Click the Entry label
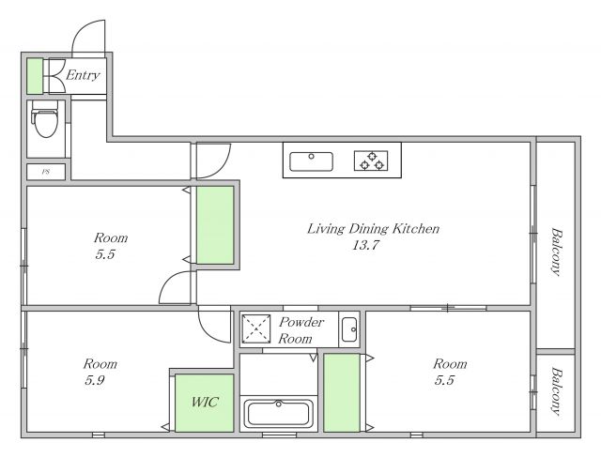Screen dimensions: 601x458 (83, 75)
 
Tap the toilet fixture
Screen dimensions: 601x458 (45, 118)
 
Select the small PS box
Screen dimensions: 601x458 (46, 172)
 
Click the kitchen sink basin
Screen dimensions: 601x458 (311, 161)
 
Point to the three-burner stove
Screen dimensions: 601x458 (371, 160)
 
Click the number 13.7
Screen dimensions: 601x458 (365, 245)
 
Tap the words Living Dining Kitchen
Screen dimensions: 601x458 (373, 229)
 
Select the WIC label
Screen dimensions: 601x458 (205, 402)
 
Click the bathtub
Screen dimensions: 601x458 (279, 413)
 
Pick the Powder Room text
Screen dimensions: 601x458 (300, 330)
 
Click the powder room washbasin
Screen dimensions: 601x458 (349, 329)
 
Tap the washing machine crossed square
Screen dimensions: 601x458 (256, 328)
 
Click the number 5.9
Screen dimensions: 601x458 (95, 381)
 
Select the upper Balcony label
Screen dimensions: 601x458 (556, 252)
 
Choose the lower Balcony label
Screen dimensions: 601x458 (556, 391)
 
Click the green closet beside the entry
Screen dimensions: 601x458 (35, 76)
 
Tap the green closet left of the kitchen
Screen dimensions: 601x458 (215, 225)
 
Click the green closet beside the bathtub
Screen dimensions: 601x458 (342, 393)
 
